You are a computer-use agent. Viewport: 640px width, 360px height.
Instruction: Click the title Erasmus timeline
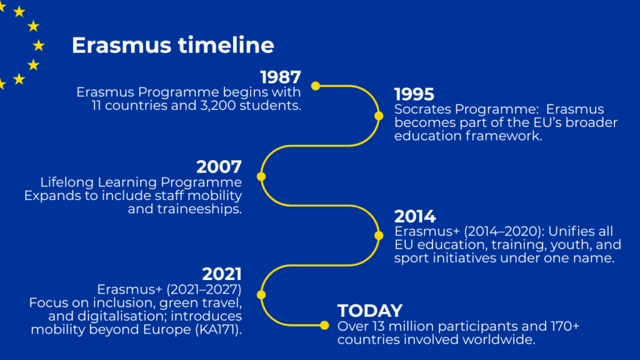(x=172, y=45)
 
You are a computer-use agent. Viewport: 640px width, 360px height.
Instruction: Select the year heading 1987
(x=281, y=77)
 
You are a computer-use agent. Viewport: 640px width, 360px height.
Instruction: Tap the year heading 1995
(x=414, y=94)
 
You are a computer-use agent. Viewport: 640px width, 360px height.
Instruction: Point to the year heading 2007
(x=219, y=167)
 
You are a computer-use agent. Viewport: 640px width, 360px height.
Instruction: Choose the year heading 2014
(x=415, y=216)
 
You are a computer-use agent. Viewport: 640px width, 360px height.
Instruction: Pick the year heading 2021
(x=222, y=274)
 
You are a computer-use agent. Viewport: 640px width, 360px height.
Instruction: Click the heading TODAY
(x=370, y=311)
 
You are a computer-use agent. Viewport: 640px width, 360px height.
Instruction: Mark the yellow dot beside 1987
(x=316, y=86)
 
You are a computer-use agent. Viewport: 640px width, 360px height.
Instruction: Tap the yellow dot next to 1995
(x=379, y=116)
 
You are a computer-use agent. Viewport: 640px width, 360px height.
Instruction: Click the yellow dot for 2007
(x=261, y=176)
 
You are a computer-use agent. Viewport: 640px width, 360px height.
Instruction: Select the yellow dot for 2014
(x=379, y=236)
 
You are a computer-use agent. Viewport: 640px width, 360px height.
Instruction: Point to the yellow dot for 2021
(x=261, y=295)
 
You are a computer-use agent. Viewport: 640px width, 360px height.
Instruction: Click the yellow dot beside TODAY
(x=324, y=325)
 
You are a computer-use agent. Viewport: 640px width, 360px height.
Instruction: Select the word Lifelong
(x=67, y=182)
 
